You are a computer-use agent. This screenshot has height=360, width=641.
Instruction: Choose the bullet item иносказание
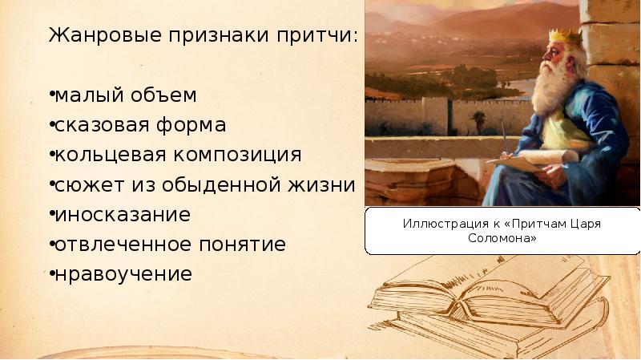(x=122, y=215)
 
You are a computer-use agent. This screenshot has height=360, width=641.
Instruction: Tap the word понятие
(x=240, y=245)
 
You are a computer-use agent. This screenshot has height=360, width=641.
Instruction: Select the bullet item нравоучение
(x=123, y=274)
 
